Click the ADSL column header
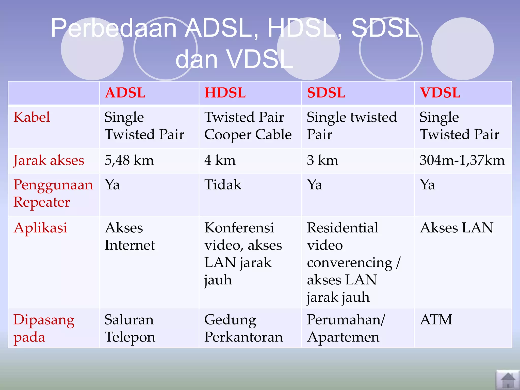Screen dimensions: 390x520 tap(125, 93)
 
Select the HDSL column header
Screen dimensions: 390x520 tap(225, 93)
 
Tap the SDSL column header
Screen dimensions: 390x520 tap(326, 93)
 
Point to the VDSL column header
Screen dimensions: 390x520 tap(440, 93)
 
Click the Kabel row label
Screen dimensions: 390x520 tap(32, 117)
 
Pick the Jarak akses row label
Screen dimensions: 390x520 tap(49, 160)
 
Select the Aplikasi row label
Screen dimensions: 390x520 tap(40, 227)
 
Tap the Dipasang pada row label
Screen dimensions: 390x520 tap(44, 328)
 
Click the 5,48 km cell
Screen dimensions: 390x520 tap(129, 160)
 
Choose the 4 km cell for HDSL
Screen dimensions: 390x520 tap(220, 160)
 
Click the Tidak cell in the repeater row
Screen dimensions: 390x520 tap(223, 185)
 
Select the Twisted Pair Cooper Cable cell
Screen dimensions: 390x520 tap(248, 126)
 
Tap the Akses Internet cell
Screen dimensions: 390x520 tap(130, 236)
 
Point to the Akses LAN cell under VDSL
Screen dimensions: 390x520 tap(457, 228)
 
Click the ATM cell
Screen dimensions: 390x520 tap(436, 320)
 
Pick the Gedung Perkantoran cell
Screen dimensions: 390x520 tap(243, 328)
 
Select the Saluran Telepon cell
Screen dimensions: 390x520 tap(130, 328)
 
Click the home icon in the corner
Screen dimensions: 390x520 tap(507, 380)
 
